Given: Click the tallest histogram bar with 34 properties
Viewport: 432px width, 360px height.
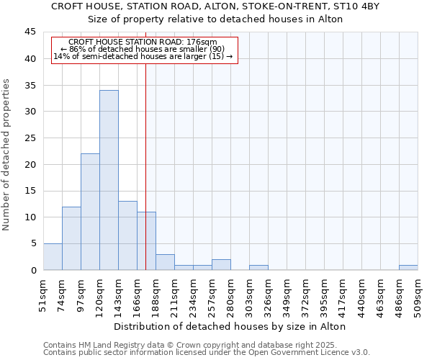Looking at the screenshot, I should pos(109,180).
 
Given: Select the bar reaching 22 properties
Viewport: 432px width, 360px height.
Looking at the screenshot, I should pos(90,212).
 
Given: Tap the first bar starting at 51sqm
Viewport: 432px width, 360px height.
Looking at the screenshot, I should pos(53,257).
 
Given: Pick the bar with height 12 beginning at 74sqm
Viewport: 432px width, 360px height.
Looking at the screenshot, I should pos(71,238).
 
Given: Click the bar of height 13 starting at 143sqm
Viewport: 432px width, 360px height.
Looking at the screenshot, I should pos(127,235).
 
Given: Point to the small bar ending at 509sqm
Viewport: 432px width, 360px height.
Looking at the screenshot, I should pos(408,268).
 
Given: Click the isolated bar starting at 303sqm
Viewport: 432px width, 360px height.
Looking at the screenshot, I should pos(258,268).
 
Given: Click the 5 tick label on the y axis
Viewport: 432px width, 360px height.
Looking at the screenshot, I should pos(32,243).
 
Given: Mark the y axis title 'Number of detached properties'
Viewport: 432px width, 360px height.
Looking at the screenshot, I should pos(7,155).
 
